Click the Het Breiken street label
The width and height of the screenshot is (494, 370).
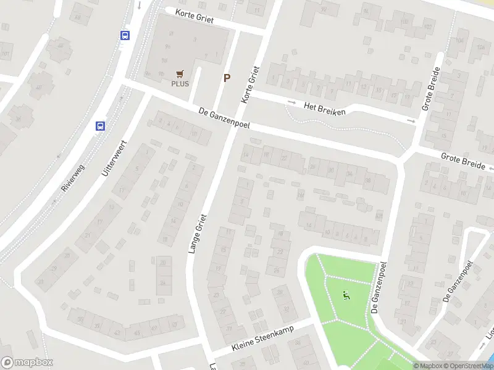325,108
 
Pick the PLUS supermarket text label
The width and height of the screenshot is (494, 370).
180,84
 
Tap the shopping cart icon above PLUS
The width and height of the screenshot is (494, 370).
180,74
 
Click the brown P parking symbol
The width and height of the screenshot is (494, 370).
227,78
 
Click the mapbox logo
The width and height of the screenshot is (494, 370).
27,363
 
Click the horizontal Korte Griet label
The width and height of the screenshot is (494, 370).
194,16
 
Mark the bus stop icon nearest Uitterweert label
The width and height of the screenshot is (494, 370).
100,126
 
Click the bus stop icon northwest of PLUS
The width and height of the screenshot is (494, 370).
125,36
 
